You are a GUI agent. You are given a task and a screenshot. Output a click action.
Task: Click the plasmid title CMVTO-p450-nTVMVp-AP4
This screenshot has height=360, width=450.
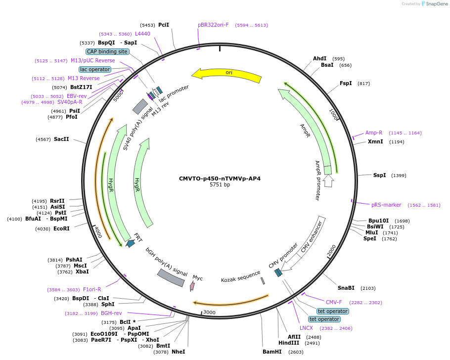220,179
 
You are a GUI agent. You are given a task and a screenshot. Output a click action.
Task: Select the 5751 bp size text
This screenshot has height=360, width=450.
220,185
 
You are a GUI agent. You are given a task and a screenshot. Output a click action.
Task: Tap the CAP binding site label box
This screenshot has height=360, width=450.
107,51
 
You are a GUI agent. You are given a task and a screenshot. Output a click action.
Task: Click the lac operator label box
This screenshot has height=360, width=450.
95,69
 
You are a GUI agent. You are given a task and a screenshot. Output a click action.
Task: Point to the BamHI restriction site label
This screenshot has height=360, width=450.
272,352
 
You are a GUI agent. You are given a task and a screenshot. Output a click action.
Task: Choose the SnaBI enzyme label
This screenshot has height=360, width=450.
346,288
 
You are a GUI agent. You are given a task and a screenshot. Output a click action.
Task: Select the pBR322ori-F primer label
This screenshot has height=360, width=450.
213,25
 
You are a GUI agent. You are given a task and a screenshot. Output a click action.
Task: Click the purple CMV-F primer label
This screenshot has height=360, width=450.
334,302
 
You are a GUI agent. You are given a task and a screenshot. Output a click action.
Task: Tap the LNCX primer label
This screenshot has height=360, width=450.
306,328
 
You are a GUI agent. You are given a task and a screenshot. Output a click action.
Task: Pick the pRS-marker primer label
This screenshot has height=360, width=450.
386,205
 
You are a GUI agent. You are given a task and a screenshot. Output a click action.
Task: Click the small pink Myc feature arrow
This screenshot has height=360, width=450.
192,285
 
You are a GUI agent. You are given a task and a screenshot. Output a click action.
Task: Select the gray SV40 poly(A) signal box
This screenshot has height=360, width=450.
140,106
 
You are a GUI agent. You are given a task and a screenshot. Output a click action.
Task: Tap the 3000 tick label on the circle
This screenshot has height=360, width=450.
209,313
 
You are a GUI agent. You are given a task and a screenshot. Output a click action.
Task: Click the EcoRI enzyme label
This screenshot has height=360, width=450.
61,228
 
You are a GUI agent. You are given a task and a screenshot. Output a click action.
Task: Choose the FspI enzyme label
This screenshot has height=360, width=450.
346,83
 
